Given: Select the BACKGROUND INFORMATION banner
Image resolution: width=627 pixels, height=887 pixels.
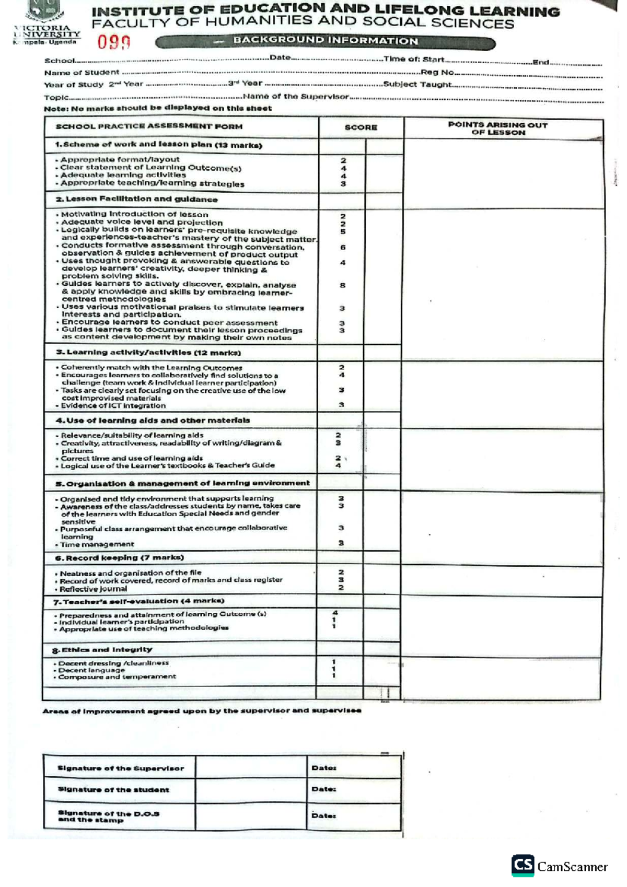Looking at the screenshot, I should [x=325, y=41].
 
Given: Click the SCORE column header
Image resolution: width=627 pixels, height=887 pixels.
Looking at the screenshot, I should [x=361, y=127].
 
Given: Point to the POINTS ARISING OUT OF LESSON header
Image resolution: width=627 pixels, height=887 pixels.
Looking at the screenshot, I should [x=497, y=129].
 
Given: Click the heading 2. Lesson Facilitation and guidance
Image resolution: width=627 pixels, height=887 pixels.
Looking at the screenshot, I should [x=136, y=199].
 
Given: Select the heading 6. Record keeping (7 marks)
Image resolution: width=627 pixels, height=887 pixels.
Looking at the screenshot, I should [x=120, y=558].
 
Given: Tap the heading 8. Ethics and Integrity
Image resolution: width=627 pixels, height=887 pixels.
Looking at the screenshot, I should [x=102, y=650].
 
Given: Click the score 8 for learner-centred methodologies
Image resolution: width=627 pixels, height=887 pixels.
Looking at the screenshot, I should [x=343, y=285].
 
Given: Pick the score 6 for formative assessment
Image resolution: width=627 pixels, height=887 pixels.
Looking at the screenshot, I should [x=343, y=247].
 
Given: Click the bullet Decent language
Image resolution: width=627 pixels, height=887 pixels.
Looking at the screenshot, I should [x=91, y=670].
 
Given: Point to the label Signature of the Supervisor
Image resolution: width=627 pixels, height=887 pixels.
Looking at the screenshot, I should [x=121, y=768].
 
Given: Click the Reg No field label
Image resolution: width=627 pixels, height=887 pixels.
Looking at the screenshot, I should [x=437, y=73].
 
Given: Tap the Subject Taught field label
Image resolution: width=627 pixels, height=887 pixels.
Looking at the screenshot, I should [x=416, y=84].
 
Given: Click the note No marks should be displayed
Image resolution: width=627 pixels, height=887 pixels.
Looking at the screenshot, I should [x=158, y=108].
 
